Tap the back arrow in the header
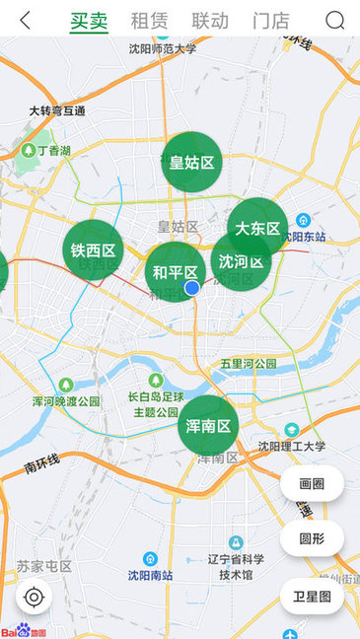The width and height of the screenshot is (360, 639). click(x=25, y=20)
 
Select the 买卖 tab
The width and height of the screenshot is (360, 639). click(x=89, y=20)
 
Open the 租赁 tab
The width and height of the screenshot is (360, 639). click(x=149, y=20)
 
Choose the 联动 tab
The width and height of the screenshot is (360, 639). click(x=209, y=20)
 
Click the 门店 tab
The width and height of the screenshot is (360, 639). click(x=270, y=20)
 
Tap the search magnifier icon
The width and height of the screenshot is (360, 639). click(x=335, y=20)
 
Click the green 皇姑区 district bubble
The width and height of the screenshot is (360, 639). click(x=191, y=163)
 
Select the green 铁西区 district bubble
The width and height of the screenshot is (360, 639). click(x=95, y=250)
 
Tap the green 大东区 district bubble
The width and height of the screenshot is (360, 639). click(x=257, y=228)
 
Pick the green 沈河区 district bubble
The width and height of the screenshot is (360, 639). click(x=241, y=261)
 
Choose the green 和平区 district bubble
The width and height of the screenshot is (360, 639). click(x=174, y=271)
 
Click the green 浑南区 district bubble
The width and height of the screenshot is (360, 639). click(x=208, y=426)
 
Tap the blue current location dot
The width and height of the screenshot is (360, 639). click(x=192, y=287)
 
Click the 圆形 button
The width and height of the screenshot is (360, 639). click(x=312, y=538)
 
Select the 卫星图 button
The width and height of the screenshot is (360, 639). click(x=312, y=596)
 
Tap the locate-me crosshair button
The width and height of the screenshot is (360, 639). click(x=35, y=597)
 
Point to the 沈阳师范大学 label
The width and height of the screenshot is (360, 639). click(x=163, y=46)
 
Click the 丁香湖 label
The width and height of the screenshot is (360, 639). click(x=53, y=151)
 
